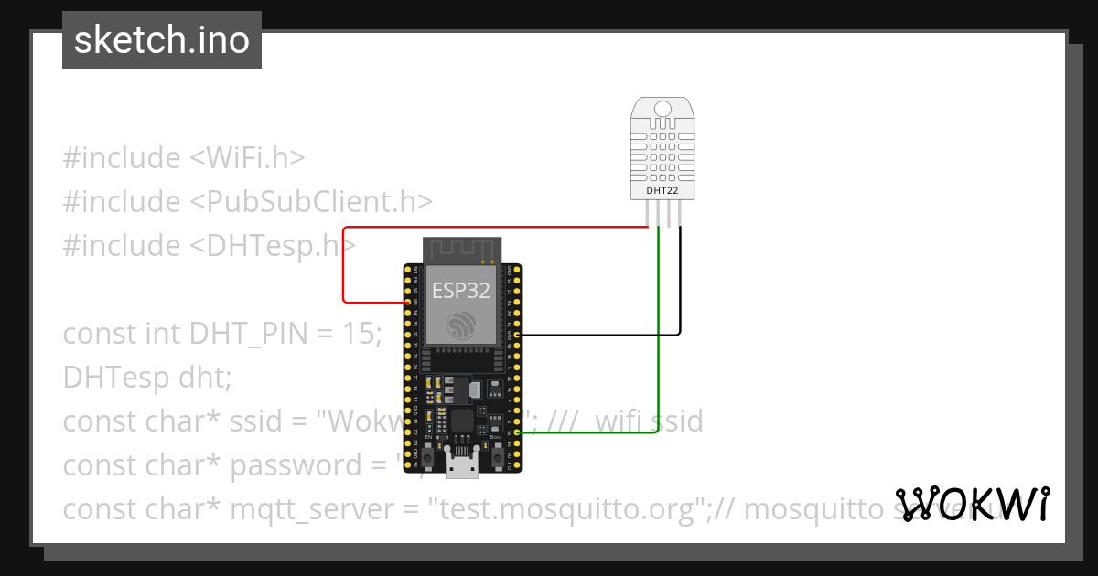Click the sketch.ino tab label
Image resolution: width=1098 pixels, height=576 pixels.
(162, 40)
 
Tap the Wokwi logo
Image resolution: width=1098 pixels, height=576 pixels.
(973, 504)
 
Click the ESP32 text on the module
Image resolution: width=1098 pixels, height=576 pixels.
(460, 291)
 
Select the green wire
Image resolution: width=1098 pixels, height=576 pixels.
(658, 347)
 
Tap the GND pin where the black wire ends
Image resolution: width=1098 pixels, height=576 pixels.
(519, 336)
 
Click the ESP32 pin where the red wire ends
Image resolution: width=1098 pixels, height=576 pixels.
(407, 302)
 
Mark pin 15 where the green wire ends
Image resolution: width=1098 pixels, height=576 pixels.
(519, 433)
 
